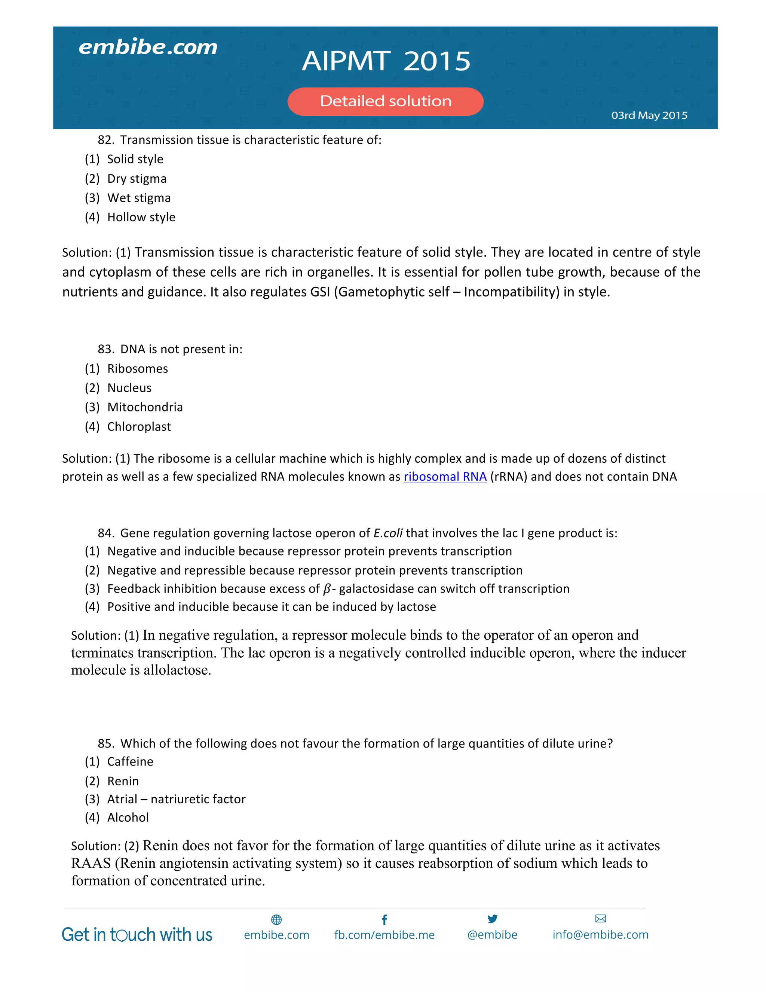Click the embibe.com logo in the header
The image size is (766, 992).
(x=148, y=47)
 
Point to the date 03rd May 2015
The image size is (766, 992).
(x=649, y=115)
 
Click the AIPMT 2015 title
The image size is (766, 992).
(x=386, y=61)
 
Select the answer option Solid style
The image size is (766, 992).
(x=135, y=159)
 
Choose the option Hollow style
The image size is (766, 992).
(x=141, y=217)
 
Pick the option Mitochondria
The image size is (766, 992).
(x=145, y=407)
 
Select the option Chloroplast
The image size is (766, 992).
(x=139, y=426)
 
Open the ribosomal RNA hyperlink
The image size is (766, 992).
(x=445, y=477)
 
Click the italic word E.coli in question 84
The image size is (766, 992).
(x=387, y=533)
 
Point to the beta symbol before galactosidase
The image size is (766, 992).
(x=327, y=589)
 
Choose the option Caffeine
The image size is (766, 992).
(x=130, y=761)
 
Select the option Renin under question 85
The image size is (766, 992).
(x=123, y=781)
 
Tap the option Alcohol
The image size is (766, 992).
(x=128, y=817)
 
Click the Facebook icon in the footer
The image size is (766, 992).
(x=384, y=920)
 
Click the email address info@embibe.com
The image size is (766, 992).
(x=600, y=935)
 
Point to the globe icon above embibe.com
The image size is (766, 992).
(x=276, y=920)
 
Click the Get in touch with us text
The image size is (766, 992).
(x=137, y=935)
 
